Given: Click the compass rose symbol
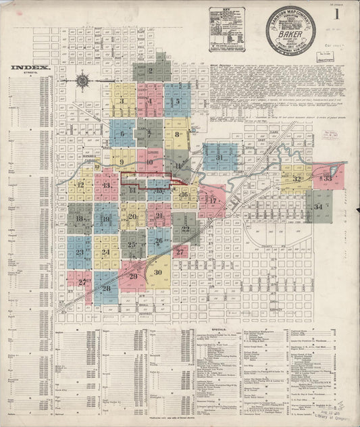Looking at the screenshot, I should click(83, 81).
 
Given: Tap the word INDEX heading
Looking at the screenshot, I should click(30, 68).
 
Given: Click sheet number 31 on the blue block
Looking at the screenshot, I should click(221, 157).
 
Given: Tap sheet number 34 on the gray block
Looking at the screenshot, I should click(318, 205).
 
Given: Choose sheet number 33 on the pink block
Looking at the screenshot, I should click(327, 178).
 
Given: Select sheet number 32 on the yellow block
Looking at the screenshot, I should click(297, 178).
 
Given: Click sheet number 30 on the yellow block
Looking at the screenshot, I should click(157, 272).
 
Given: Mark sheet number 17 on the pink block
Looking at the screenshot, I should click(213, 201).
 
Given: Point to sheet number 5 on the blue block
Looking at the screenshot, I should click(176, 102).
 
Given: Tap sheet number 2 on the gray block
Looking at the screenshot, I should click(151, 70).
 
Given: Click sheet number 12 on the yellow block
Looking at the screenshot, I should click(80, 184).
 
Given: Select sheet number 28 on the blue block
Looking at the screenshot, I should click(106, 288).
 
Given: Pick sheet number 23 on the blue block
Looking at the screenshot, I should click(80, 252).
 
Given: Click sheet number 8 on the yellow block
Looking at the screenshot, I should click(177, 134).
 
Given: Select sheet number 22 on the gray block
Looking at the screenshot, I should click(185, 228).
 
